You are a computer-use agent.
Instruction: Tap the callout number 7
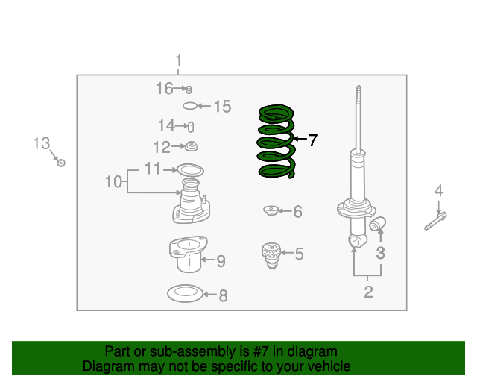coord(313,140)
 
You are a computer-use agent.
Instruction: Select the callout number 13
coord(42,143)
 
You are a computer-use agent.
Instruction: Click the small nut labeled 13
coord(61,163)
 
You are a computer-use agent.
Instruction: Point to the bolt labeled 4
coord(435,222)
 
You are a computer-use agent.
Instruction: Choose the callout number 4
coord(438,191)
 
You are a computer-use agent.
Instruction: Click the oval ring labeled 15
coord(190,106)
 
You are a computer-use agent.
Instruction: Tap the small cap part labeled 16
coord(189,90)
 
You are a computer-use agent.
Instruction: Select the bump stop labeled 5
coord(271,256)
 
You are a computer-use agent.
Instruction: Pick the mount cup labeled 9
coord(189,254)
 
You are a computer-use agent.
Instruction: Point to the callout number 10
coord(113,182)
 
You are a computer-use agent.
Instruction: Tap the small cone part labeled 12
coord(192,146)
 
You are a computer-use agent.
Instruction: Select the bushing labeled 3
coord(378,224)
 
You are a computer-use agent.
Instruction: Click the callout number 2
coord(368,292)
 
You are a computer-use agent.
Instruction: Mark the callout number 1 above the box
coord(179,60)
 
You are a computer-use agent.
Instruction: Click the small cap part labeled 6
coord(271,210)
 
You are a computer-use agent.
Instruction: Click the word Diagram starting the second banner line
coord(108,366)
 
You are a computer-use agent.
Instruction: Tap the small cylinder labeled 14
coord(191,127)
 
